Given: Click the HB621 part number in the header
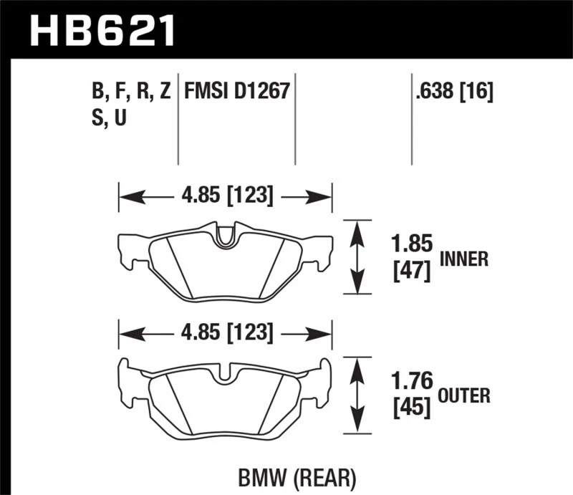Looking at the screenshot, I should (x=100, y=30).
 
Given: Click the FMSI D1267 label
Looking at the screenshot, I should (x=236, y=92).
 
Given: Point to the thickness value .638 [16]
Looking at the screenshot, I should (x=453, y=92).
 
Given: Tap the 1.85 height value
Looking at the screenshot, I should (x=410, y=244).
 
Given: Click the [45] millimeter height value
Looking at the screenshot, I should (x=410, y=408).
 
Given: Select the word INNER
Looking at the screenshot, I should (x=463, y=259).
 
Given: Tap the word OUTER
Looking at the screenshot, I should (x=465, y=395).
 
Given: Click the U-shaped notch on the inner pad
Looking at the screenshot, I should (x=225, y=237).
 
